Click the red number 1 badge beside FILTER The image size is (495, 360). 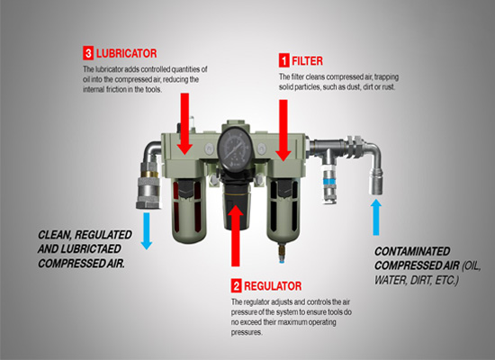[x=284, y=61]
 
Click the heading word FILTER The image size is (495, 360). [x=309, y=61]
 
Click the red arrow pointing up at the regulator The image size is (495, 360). [x=237, y=238]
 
